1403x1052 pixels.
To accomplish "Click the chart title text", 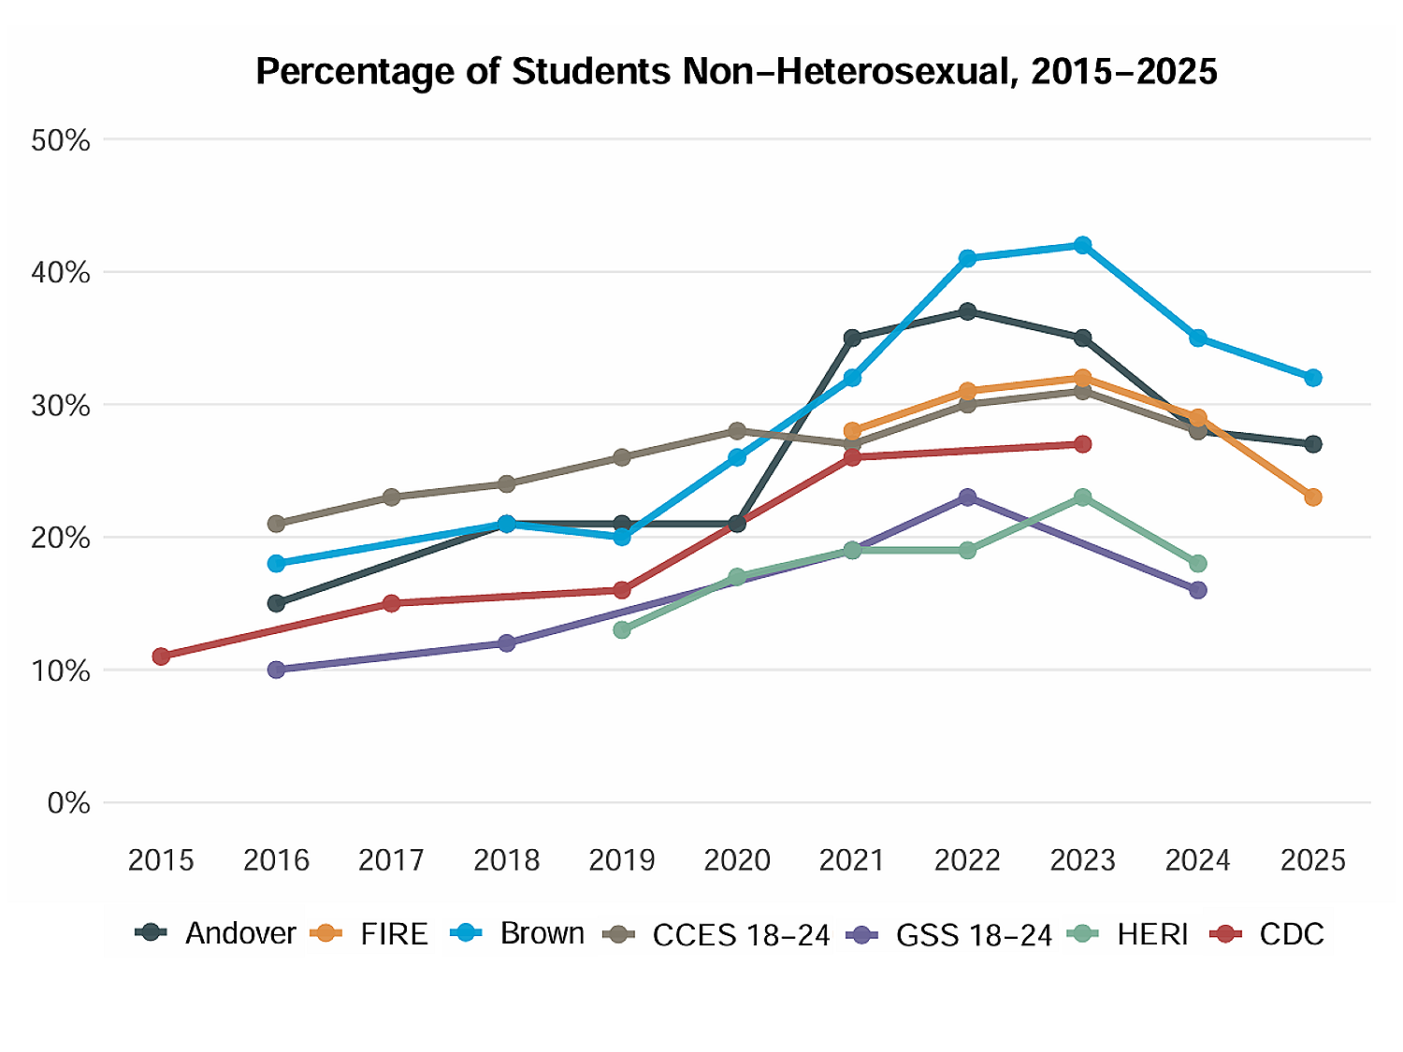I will (736, 71).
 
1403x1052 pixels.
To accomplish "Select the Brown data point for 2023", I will (1082, 245).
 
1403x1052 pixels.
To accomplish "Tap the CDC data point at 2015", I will (161, 656).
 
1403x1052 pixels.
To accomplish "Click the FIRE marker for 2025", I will (1313, 497).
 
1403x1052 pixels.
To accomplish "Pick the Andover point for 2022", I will (967, 311).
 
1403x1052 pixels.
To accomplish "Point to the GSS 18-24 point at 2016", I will (276, 670).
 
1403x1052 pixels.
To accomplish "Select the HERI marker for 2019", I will (622, 630).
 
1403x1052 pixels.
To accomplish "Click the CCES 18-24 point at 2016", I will (276, 524).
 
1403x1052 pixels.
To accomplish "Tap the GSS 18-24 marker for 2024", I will (1198, 590).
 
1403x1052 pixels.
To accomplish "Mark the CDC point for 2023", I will (1082, 444).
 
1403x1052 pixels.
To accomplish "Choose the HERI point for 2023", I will (1082, 497).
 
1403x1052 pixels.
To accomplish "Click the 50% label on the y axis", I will (61, 141).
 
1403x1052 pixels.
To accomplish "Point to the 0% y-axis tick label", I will (68, 803).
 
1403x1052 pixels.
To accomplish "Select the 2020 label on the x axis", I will (737, 860).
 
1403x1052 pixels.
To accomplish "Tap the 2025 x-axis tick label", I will (1313, 860).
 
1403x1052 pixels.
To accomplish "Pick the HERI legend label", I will (1131, 933).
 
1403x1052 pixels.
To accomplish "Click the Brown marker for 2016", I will (276, 564).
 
